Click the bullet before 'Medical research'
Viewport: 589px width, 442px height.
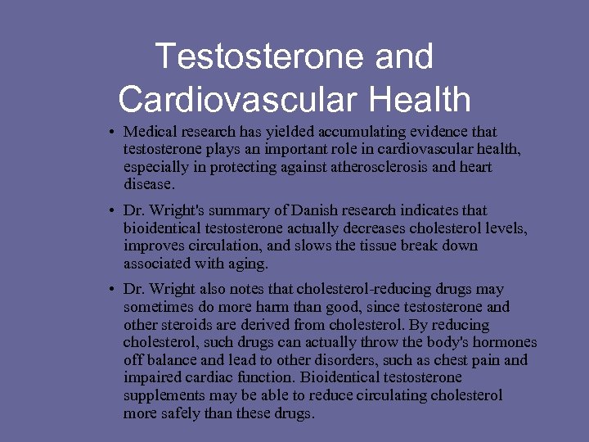tap(110, 132)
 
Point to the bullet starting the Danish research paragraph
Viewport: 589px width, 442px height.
tap(110, 210)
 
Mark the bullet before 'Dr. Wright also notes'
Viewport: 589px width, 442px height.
tap(110, 290)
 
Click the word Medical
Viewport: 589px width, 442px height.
tap(147, 131)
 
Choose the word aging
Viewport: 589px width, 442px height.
tap(249, 264)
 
